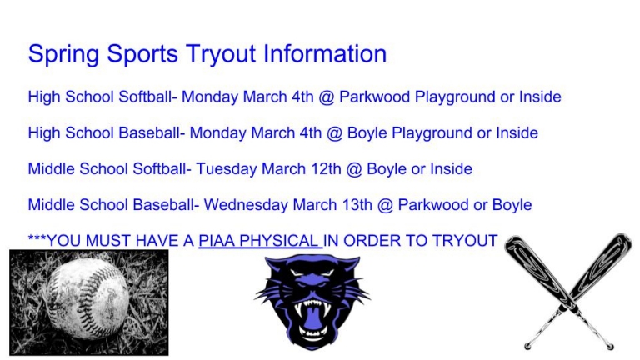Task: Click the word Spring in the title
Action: tap(59, 54)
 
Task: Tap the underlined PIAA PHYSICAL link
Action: tap(259, 241)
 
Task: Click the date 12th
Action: tap(323, 169)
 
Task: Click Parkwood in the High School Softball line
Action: tap(374, 97)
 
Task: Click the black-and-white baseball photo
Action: tap(88, 302)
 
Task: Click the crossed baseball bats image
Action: tap(568, 292)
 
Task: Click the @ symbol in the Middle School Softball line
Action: tap(354, 169)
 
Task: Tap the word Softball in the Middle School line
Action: tap(162, 169)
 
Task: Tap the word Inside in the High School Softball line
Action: tap(540, 97)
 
